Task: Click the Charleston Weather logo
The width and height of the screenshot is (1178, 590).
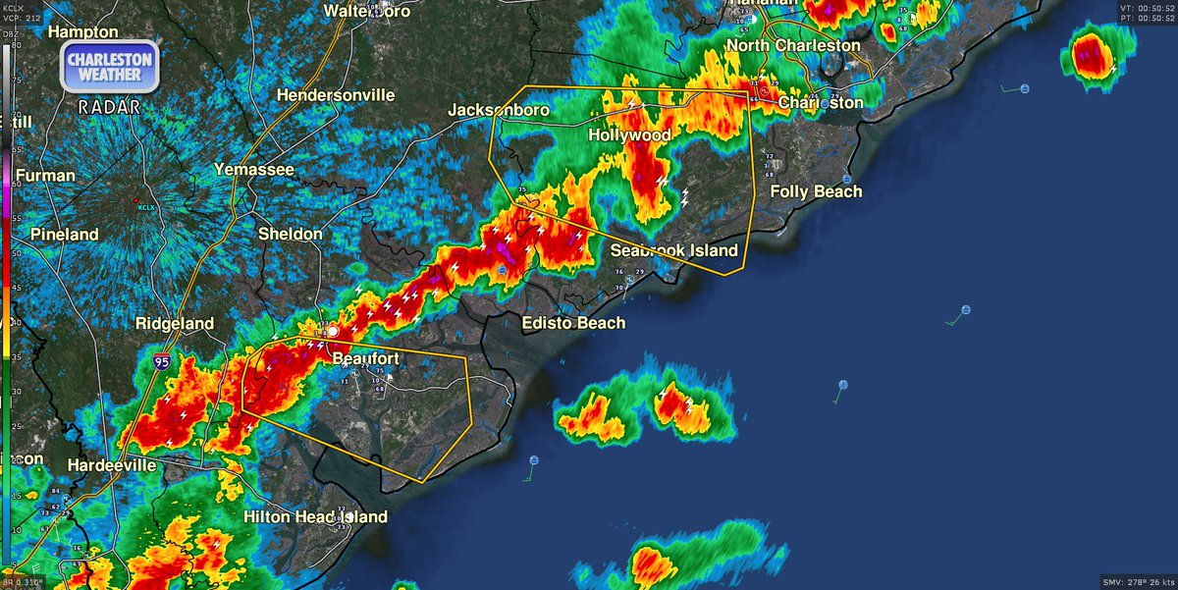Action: tap(110, 67)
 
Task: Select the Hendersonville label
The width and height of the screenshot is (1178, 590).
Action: tap(336, 95)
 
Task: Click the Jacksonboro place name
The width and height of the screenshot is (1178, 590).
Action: tap(499, 110)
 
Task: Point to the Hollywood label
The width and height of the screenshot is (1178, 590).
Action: tap(629, 134)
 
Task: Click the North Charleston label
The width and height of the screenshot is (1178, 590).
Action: tap(793, 45)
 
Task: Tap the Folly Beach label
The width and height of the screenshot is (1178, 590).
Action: tap(816, 191)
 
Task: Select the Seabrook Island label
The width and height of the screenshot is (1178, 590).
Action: tap(673, 250)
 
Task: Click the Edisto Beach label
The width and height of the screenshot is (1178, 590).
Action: tap(573, 322)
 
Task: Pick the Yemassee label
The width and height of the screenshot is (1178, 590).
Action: tap(254, 170)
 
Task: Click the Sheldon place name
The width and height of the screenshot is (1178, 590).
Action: tap(290, 234)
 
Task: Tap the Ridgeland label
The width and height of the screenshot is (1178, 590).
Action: tap(174, 322)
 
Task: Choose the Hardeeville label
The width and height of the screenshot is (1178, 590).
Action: tap(111, 464)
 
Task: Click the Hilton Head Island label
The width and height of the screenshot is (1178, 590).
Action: tap(315, 516)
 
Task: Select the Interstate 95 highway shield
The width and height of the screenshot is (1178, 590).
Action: tap(161, 362)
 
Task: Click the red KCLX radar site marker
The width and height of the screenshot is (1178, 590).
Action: tap(136, 201)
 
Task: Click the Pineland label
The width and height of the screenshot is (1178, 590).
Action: tap(65, 234)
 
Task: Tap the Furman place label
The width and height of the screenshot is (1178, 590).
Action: tap(45, 176)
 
